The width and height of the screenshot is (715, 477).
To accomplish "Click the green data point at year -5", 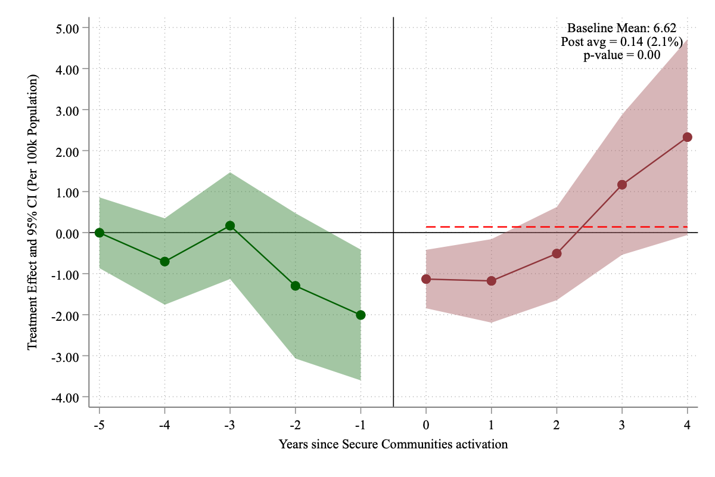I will click(x=100, y=233).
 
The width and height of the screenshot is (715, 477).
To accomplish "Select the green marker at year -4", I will click(x=164, y=261).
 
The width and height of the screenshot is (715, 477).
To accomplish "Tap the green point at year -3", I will click(x=230, y=225).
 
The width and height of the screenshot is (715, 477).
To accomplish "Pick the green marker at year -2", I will click(x=296, y=286).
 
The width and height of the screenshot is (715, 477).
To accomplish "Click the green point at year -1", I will click(x=360, y=315).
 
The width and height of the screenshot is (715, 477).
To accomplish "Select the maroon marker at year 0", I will click(x=426, y=279).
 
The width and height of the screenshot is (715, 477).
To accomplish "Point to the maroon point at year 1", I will click(x=492, y=281).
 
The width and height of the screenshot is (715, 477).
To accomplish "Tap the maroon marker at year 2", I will click(x=557, y=253).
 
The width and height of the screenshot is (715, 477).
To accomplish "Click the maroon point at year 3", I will click(x=622, y=185).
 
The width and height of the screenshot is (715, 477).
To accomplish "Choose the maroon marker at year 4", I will click(x=688, y=137).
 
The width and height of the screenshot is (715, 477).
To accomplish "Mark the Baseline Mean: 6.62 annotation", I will click(x=621, y=28).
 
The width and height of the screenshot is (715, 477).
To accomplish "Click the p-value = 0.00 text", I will click(x=621, y=55).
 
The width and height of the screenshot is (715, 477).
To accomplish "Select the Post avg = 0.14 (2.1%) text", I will click(x=621, y=42).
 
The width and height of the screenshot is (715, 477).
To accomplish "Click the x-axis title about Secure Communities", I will click(x=393, y=444).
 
